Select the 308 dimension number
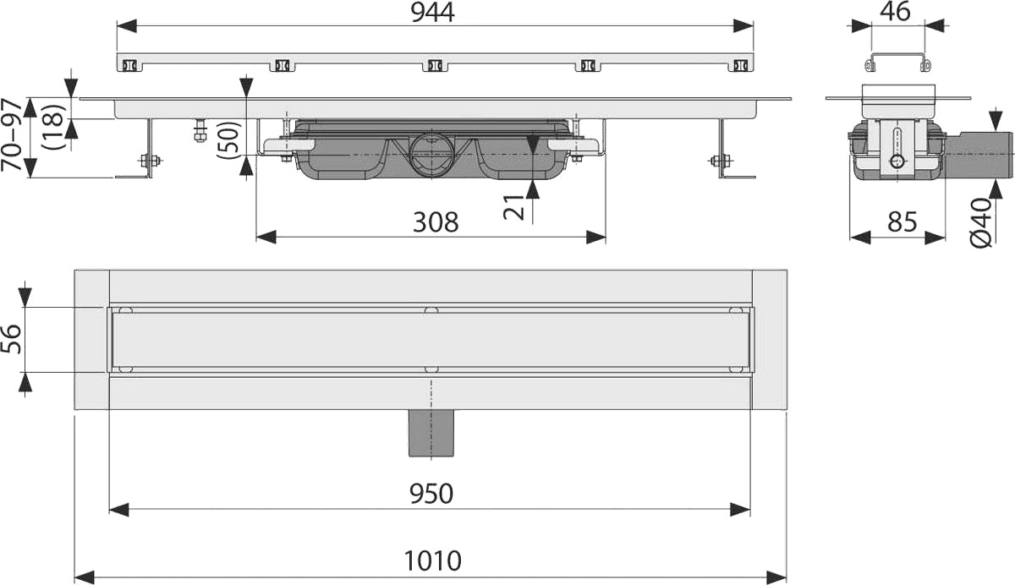tap(436, 222)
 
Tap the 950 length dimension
tap(431, 493)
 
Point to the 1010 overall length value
tap(432, 560)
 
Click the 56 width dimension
tap(12, 339)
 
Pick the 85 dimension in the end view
tap(903, 221)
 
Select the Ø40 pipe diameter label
tap(982, 222)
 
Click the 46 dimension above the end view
tap(895, 12)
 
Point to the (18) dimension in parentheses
tap(53, 125)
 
